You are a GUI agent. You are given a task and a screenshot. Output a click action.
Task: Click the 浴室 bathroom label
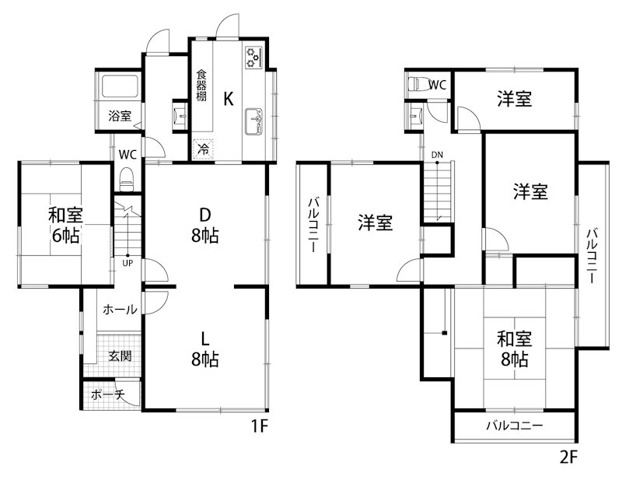(120, 116)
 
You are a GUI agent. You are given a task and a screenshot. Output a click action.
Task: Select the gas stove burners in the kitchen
(254, 57)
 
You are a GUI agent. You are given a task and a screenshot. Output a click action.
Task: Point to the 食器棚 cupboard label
(201, 86)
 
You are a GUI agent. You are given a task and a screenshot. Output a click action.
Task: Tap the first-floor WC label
(128, 153)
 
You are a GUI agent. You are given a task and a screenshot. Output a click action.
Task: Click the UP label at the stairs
(127, 262)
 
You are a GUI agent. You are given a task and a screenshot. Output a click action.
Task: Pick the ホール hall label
(121, 310)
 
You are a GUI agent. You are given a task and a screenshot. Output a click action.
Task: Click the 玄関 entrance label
(120, 356)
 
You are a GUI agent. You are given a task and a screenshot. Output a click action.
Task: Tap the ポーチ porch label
(108, 394)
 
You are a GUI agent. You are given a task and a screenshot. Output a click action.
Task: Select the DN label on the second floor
(438, 155)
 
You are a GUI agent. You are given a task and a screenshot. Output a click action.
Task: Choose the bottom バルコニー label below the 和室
(515, 426)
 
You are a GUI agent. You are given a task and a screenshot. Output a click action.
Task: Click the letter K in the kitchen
(228, 99)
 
